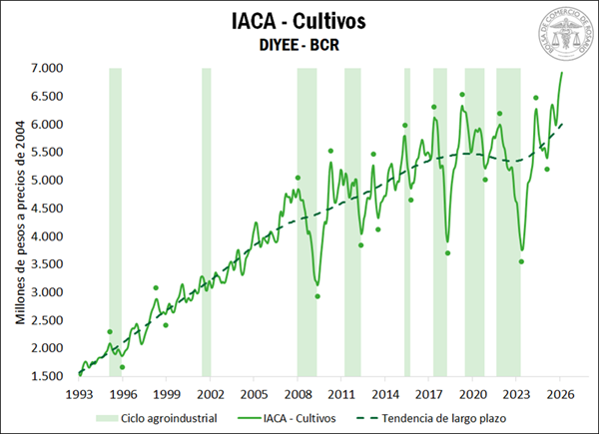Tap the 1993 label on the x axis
tap(79, 394)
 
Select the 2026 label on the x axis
tap(561, 394)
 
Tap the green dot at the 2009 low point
tap(317, 296)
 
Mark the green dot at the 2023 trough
tap(521, 261)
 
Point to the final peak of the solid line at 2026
tap(561, 72)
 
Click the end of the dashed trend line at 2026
tap(562, 125)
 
